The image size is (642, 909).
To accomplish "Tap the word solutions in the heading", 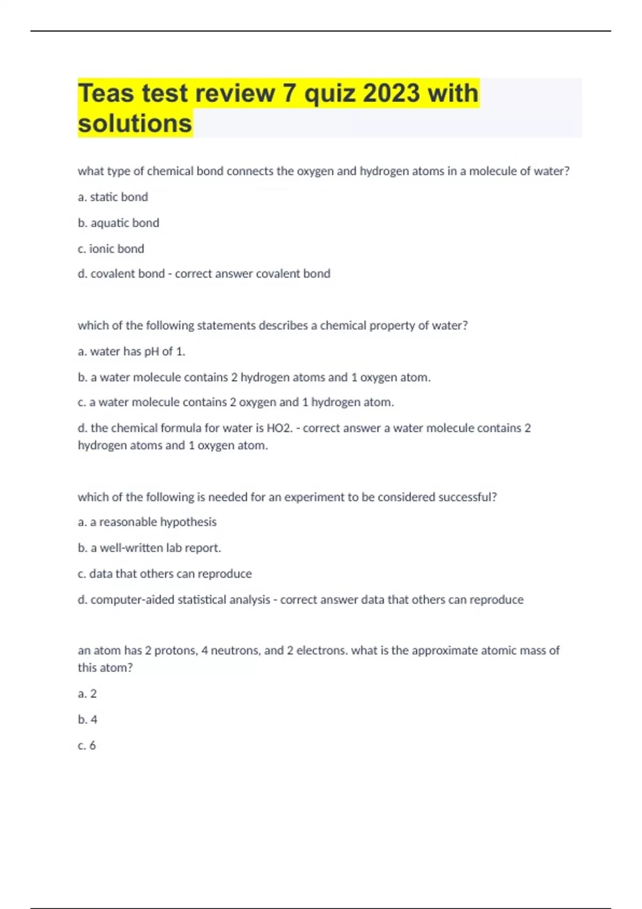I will (135, 124).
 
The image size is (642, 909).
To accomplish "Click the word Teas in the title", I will (106, 93).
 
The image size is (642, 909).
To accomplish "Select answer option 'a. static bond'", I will (113, 197).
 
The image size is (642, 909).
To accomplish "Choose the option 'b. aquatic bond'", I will (118, 223).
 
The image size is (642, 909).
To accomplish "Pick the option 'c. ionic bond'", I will (111, 249).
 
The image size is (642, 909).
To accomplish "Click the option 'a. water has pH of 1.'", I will (132, 351).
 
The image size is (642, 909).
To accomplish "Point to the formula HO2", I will (279, 428).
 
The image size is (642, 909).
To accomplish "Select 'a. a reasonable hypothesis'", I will (147, 522).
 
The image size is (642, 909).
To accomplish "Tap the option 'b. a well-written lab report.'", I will (149, 548).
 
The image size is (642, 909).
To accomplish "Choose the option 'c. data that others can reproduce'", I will (165, 574).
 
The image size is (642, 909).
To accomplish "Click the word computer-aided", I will (132, 600).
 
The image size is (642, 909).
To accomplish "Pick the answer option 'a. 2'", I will (87, 694).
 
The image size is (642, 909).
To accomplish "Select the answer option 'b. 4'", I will (87, 720).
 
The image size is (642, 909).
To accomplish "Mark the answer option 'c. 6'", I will (87, 745).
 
